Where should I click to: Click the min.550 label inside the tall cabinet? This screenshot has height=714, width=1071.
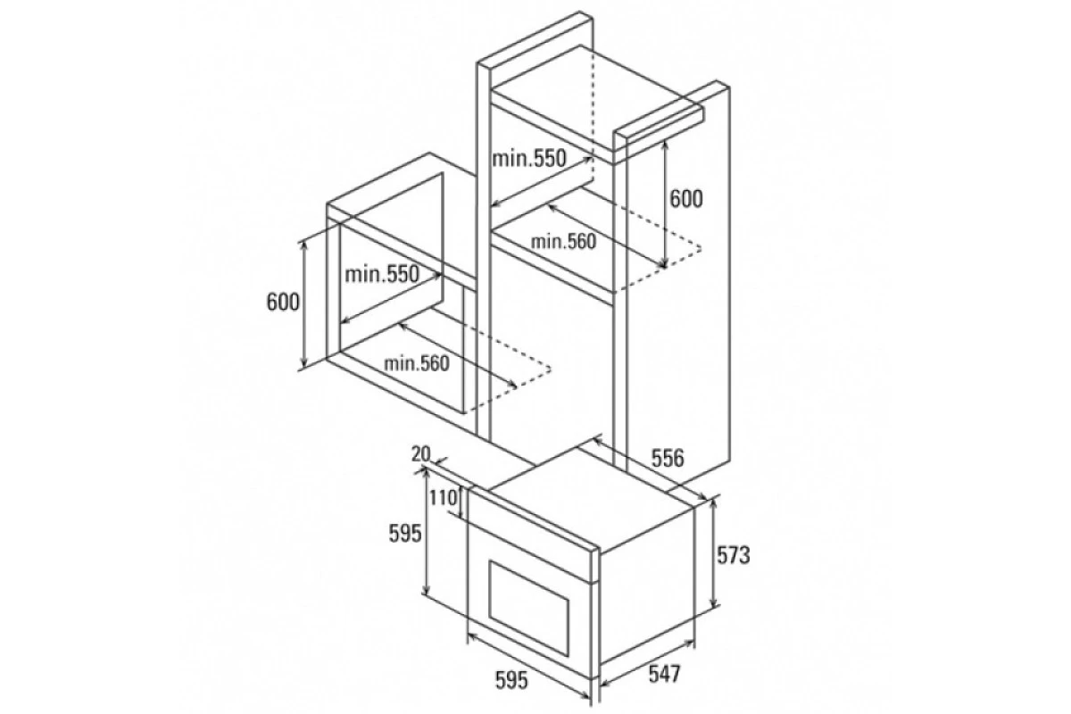point(528,158)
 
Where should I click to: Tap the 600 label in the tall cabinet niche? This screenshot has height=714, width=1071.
point(685,199)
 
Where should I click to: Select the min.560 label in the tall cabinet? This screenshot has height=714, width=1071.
point(564,242)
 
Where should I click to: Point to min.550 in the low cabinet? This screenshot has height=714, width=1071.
point(382,275)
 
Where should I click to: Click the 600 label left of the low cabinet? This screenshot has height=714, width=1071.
point(283,302)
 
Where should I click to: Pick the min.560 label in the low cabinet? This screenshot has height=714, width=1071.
point(417,363)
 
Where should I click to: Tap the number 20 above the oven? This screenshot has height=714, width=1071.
point(420,454)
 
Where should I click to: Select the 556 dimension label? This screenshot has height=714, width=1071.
point(668,458)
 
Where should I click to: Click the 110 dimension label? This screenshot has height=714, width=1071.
point(443,498)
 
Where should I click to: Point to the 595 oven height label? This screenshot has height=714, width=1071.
point(405,534)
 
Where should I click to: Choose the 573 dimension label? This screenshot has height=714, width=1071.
point(733,555)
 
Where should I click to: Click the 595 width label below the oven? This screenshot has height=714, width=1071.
point(511,680)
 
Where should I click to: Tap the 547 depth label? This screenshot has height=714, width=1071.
point(664,674)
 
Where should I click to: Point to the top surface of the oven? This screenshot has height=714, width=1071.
point(591,500)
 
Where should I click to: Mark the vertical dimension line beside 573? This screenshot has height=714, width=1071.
point(714,552)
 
